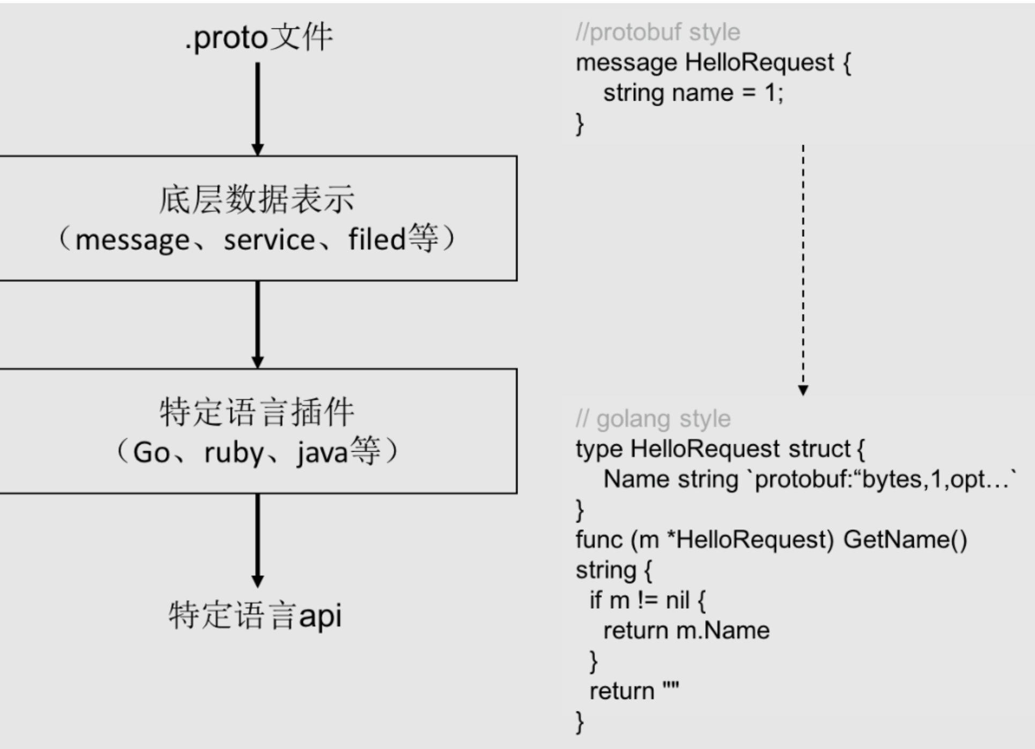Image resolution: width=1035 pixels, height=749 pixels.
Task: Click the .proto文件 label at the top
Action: (x=258, y=38)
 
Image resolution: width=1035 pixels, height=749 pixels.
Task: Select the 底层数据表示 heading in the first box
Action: (x=256, y=199)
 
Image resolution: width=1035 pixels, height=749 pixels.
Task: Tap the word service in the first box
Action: (x=269, y=239)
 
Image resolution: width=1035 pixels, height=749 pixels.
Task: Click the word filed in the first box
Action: (x=376, y=238)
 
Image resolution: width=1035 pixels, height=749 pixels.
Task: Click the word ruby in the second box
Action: (x=234, y=453)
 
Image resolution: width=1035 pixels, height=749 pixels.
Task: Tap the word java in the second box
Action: (x=322, y=453)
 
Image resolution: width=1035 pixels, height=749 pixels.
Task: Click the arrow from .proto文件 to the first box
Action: (x=257, y=107)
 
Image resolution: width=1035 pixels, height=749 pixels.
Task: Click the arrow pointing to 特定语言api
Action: (x=257, y=538)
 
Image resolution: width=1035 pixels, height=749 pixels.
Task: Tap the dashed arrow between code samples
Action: (x=803, y=268)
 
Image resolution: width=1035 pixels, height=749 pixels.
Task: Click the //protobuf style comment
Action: (x=657, y=32)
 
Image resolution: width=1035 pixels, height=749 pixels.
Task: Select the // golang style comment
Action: (x=653, y=418)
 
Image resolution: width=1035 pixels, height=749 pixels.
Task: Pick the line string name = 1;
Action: (x=693, y=93)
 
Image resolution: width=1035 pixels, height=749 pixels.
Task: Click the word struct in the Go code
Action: (x=819, y=449)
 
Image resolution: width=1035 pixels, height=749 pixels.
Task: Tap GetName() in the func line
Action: (x=905, y=540)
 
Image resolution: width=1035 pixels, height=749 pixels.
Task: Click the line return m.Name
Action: (x=686, y=631)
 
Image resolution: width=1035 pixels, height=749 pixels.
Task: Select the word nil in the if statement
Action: (x=677, y=601)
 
